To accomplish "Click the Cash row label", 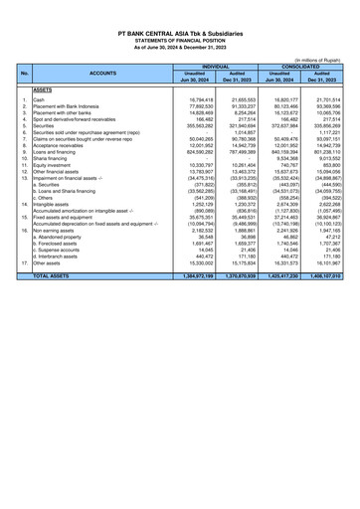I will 41,100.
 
